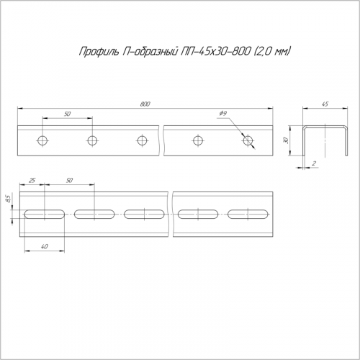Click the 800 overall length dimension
(x=145, y=104)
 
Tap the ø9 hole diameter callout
(x=223, y=113)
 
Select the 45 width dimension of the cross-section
(x=325, y=104)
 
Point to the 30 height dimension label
(x=286, y=140)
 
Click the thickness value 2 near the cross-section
(x=314, y=163)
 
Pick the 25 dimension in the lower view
(x=32, y=180)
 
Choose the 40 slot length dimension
(x=45, y=246)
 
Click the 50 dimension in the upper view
(x=68, y=114)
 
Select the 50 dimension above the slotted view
(x=69, y=180)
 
